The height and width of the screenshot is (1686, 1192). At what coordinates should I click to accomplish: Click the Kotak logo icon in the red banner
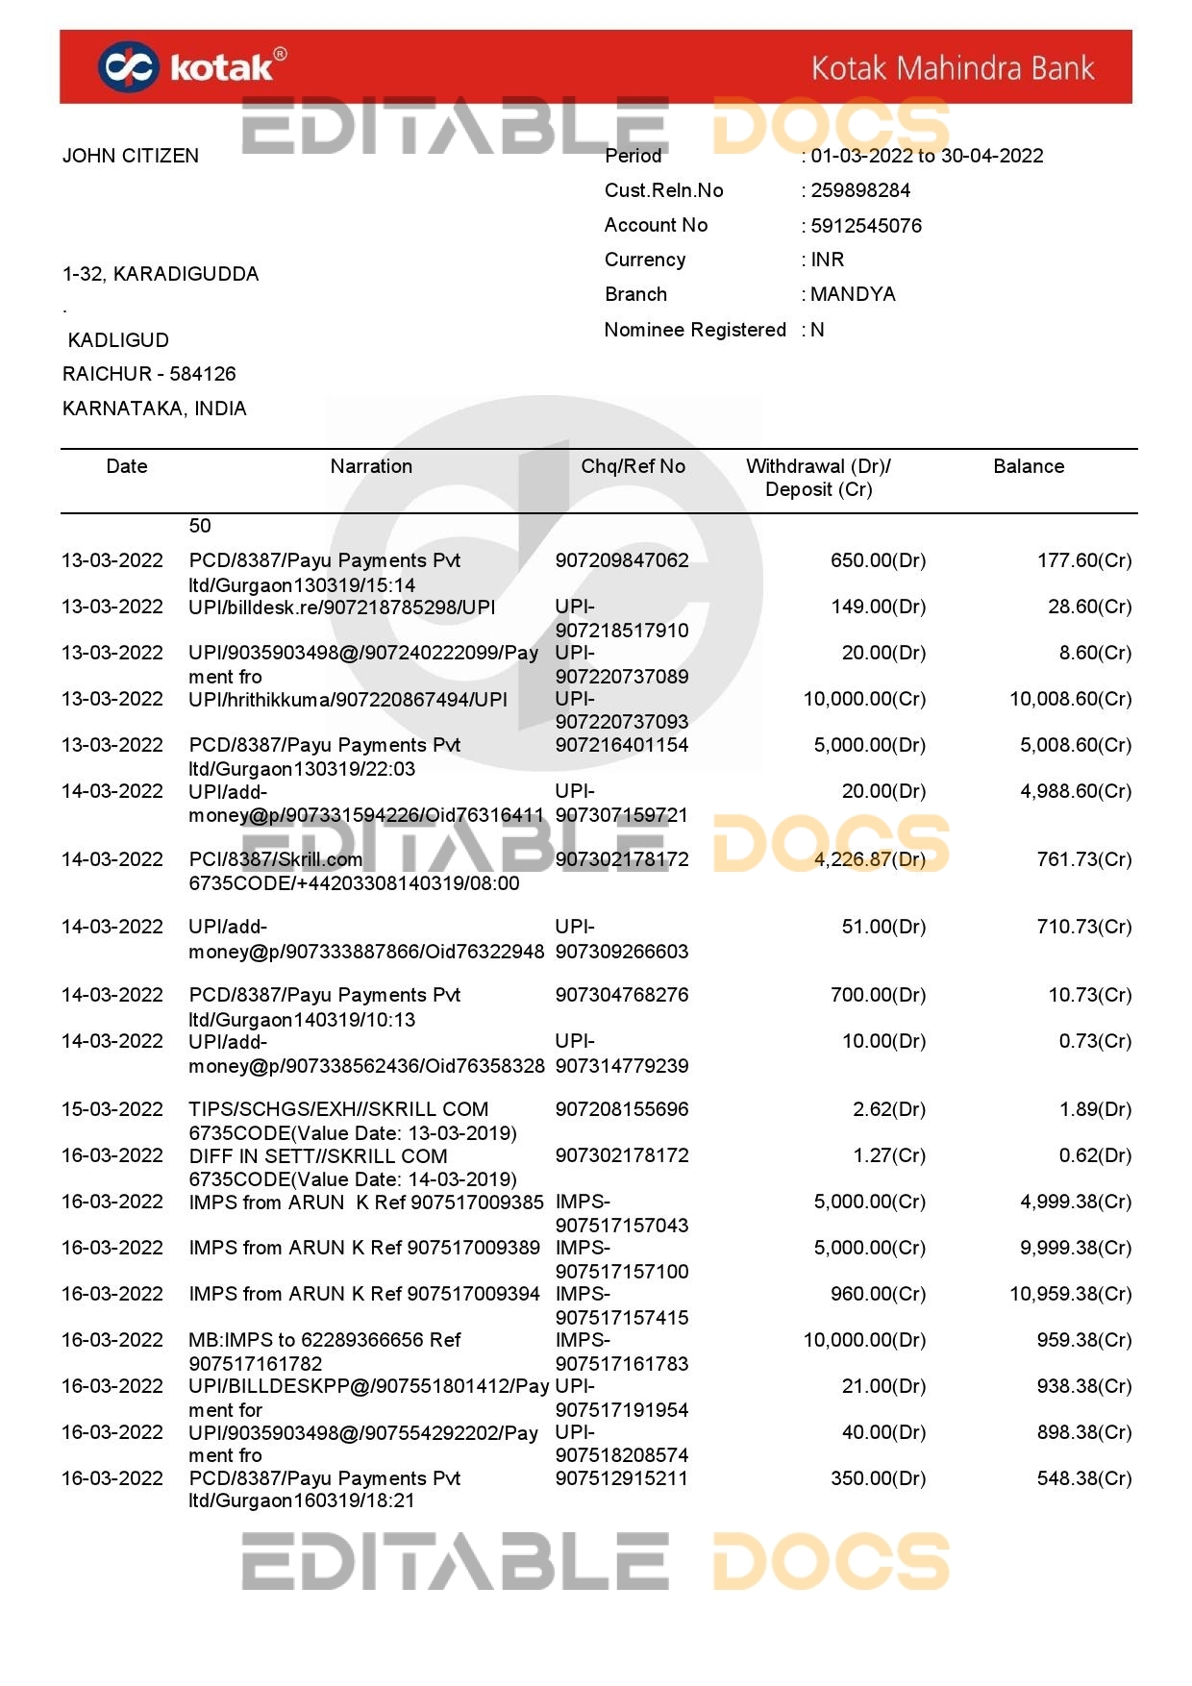point(127,67)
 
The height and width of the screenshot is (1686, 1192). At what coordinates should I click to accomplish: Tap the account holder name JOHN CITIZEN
point(131,156)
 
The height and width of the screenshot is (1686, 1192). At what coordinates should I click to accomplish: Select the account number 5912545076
point(866,226)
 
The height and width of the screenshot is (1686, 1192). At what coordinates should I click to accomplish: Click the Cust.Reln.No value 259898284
point(860,190)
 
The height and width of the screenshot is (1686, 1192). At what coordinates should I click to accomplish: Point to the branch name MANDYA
point(853,294)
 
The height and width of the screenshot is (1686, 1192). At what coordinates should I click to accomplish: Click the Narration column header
point(371,466)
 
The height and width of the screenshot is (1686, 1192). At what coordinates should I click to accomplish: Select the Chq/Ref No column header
point(633,466)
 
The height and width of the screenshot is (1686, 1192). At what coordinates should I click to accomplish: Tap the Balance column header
point(1029,466)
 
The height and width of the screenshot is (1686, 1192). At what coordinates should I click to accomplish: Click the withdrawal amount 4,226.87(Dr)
point(870,859)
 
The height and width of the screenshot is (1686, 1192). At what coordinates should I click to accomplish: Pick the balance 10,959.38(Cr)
point(1070,1294)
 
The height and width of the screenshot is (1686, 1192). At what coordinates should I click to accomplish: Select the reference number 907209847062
point(622,560)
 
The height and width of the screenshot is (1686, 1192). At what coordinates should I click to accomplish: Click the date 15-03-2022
point(112,1109)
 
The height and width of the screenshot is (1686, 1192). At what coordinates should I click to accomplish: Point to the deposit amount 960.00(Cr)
point(878,1294)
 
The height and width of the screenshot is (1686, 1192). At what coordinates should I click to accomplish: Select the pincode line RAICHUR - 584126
point(149,374)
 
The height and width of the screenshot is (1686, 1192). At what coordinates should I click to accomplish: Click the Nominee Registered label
point(695,330)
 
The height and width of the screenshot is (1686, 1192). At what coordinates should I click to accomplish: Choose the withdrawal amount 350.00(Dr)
point(878,1478)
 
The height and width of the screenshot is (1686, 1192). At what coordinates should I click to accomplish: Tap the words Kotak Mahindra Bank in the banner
point(953,68)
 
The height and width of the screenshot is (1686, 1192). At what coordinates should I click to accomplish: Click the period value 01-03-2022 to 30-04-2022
point(927,156)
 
